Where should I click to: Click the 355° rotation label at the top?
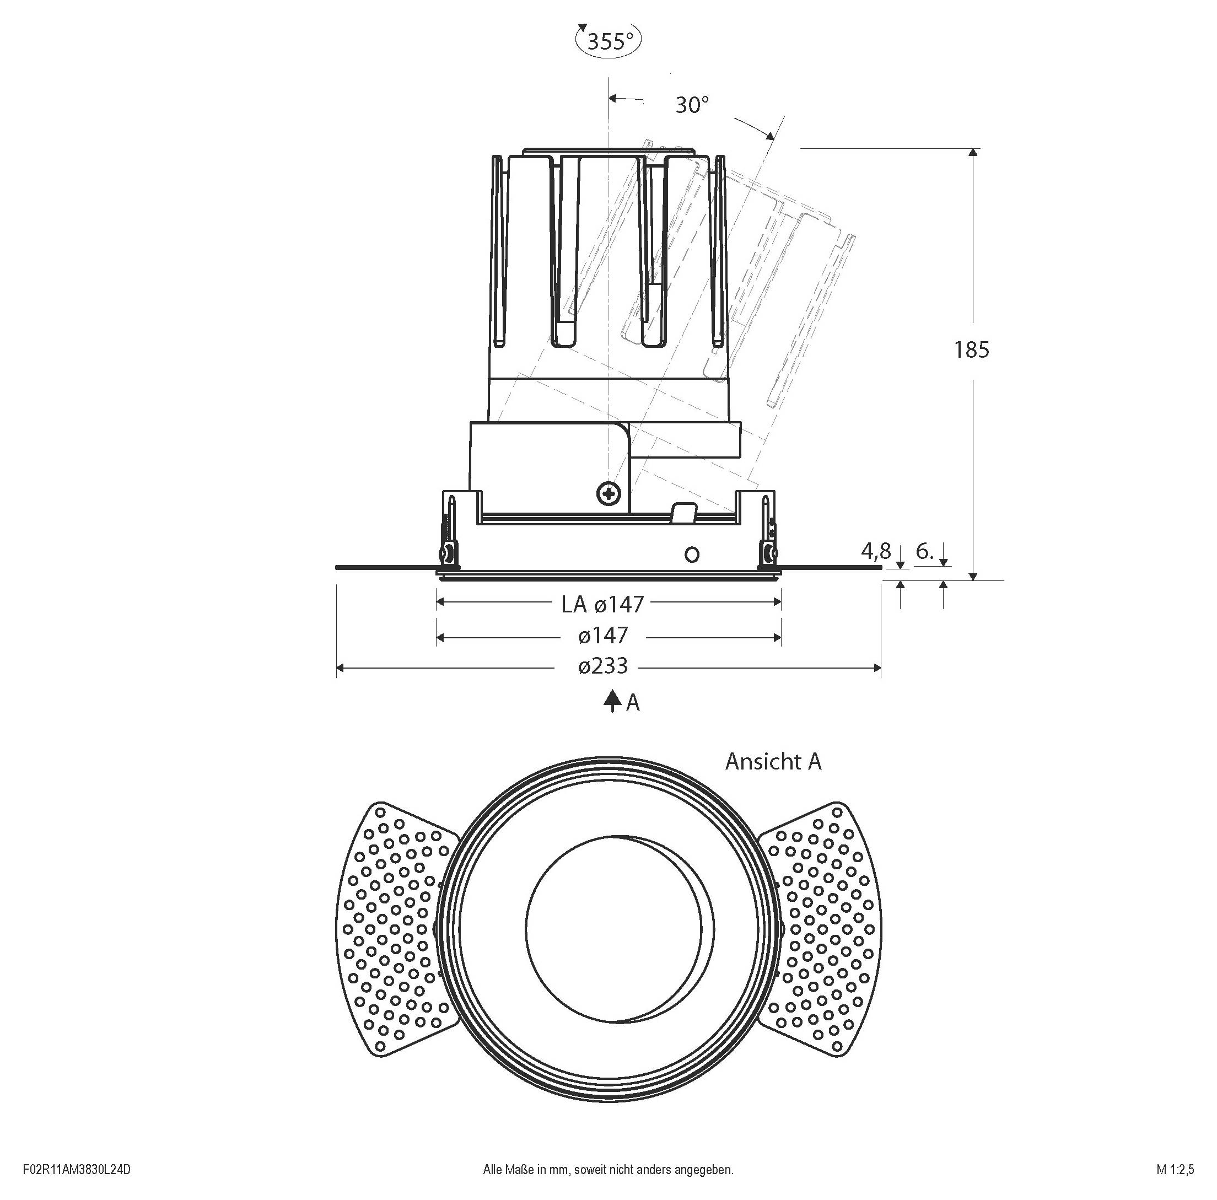[609, 41]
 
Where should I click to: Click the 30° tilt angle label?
[692, 105]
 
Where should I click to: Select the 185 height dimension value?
[971, 349]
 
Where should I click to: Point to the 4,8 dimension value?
[876, 552]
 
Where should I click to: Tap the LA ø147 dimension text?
[603, 605]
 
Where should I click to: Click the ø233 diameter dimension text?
[603, 666]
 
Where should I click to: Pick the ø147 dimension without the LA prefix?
[603, 636]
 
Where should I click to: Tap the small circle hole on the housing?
[692, 555]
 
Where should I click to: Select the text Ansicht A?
[773, 762]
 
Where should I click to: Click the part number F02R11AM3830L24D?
[76, 1170]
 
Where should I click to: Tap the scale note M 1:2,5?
[1175, 1170]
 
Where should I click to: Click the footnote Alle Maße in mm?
[608, 1170]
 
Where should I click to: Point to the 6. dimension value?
[924, 552]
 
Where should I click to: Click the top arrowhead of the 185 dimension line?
[973, 153]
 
